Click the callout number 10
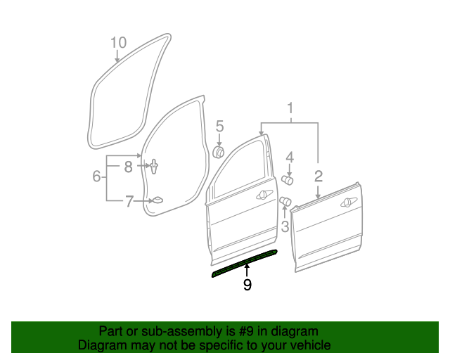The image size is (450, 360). coord(118,43)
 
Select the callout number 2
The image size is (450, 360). coord(318,176)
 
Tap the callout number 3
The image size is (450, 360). coord(285,226)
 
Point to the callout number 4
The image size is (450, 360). coord(289,157)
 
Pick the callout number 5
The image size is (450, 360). coord(219,127)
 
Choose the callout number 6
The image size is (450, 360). coord(96,176)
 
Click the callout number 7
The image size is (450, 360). coord(129,202)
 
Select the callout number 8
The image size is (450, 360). coord(129,167)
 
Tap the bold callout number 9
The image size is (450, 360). coord(247,284)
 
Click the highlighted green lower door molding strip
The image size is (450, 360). coord(244,263)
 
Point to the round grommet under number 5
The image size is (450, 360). coord(219,152)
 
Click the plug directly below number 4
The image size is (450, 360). coord(288,179)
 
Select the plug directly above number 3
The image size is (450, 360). coord(285,204)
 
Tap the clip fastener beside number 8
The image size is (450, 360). coord(153,167)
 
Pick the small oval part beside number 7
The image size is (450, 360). coord(157,200)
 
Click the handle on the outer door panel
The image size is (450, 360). coord(347,202)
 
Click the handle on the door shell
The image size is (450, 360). coord(265,193)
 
